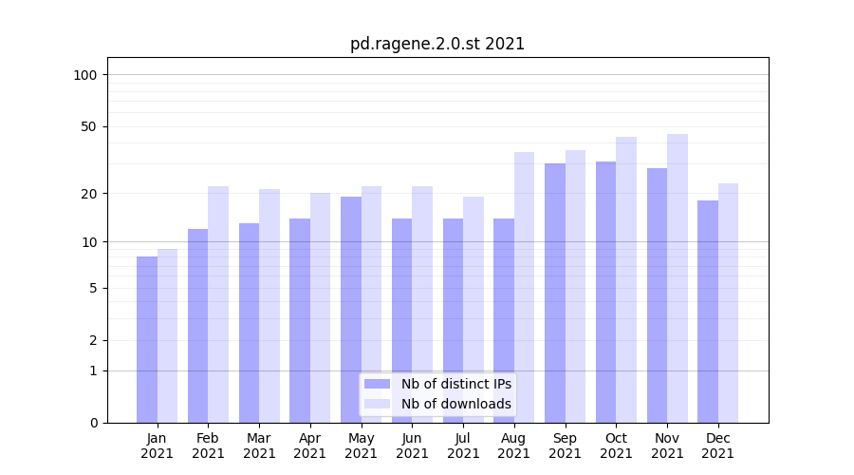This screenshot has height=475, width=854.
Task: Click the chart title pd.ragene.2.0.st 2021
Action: click(x=437, y=44)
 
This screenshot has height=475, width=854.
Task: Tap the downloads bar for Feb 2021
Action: click(x=218, y=304)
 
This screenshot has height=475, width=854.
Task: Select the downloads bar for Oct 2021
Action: click(x=626, y=279)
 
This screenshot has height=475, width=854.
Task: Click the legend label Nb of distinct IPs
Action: click(x=456, y=384)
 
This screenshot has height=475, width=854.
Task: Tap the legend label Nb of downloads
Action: click(x=456, y=404)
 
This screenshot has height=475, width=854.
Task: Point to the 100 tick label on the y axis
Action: click(x=85, y=75)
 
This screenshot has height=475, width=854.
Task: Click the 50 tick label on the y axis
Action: click(x=89, y=126)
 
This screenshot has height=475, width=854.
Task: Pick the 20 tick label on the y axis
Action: click(x=89, y=194)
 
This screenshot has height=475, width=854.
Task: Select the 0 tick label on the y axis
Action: click(x=93, y=423)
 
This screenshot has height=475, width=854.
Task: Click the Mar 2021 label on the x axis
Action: click(x=259, y=446)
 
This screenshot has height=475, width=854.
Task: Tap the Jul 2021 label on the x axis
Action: click(x=463, y=446)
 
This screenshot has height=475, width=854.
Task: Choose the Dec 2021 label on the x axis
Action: click(x=717, y=446)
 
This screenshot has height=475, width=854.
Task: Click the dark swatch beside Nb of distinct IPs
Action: click(x=378, y=384)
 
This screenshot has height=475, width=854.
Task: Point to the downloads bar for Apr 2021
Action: click(x=321, y=308)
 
